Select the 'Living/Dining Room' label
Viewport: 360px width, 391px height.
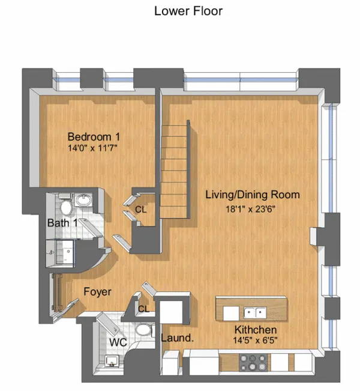(253, 195)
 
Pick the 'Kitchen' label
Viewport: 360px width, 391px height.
(256, 330)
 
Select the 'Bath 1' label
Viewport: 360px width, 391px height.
(62, 223)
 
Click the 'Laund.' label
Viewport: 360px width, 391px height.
(176, 338)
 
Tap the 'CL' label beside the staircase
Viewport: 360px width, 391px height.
(140, 210)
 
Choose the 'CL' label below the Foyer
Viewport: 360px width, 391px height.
(143, 309)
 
